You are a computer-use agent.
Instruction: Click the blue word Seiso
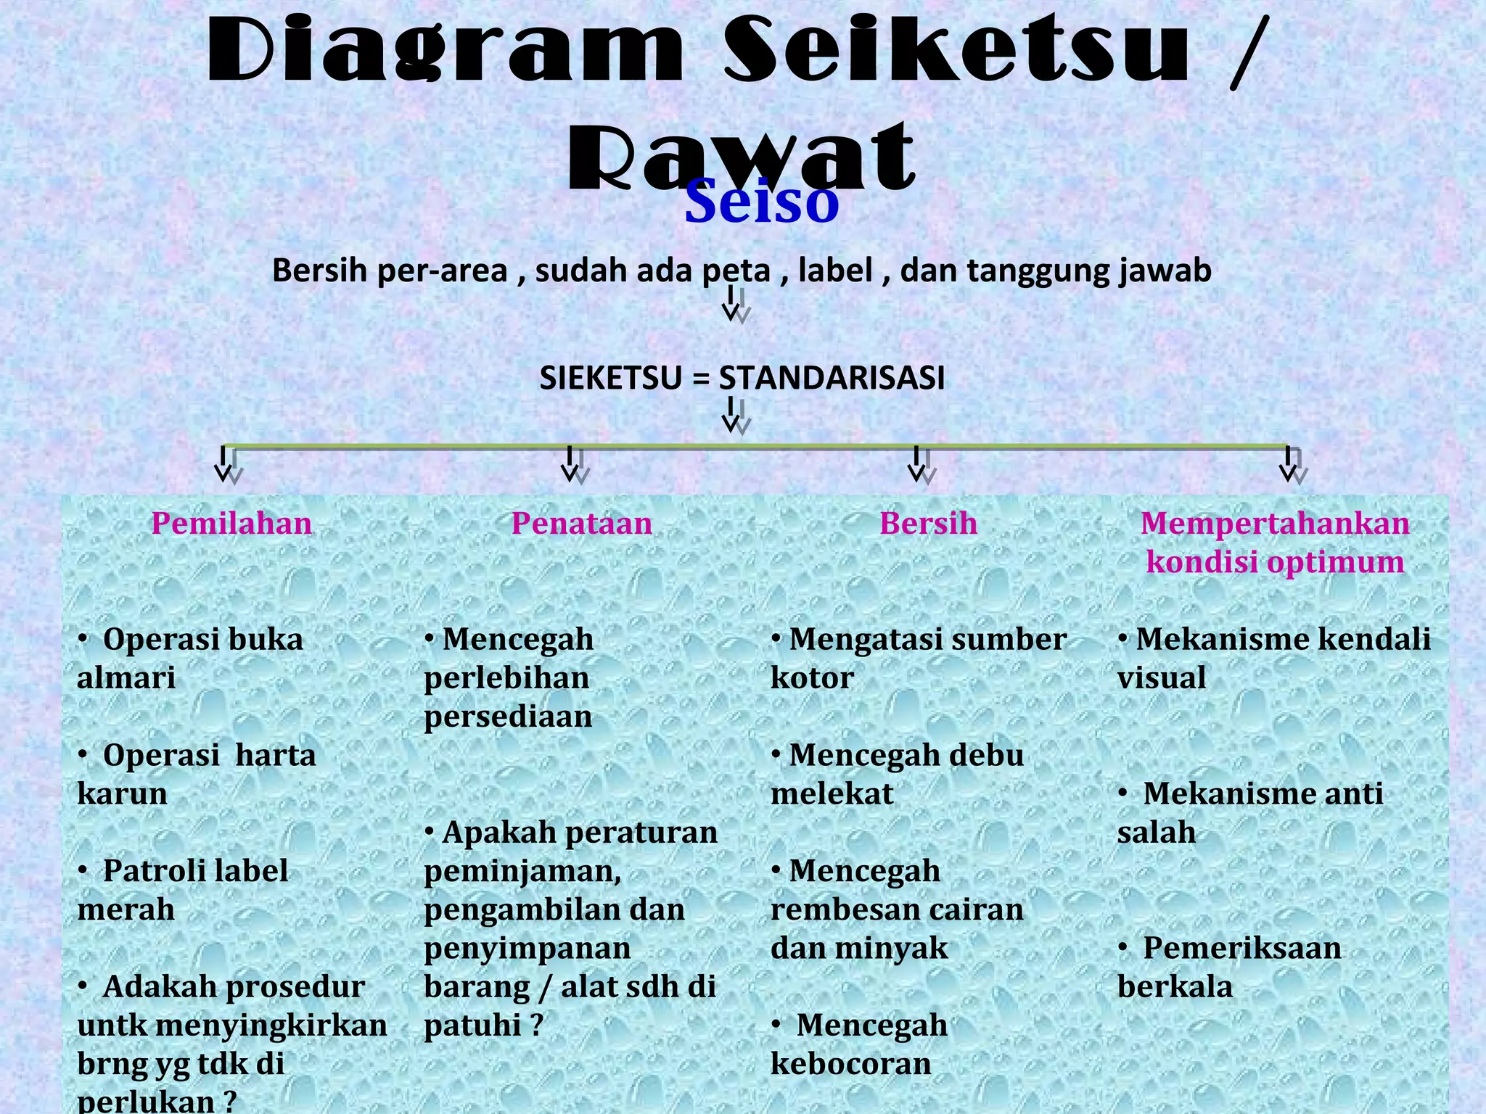pos(761,202)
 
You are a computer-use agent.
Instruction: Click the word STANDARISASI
pos(832,378)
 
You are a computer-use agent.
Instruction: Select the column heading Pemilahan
pos(231,523)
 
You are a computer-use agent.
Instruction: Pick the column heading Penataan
pos(581,523)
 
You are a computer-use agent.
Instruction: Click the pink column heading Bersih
pos(928,523)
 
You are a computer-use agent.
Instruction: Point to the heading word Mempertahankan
pos(1274,523)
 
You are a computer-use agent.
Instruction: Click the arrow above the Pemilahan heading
pos(225,464)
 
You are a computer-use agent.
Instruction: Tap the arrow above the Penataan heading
pos(572,464)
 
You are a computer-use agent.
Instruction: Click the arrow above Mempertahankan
pos(1289,464)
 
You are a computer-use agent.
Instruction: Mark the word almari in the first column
pos(126,678)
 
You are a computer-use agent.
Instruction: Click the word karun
pos(122,793)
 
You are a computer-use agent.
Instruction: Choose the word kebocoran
pos(850,1064)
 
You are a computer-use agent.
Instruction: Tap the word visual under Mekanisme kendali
pos(1161,678)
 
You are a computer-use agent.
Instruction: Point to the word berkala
pos(1175,987)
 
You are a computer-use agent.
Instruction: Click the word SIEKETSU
pos(610,378)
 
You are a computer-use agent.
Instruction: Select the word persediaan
pos(508,717)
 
